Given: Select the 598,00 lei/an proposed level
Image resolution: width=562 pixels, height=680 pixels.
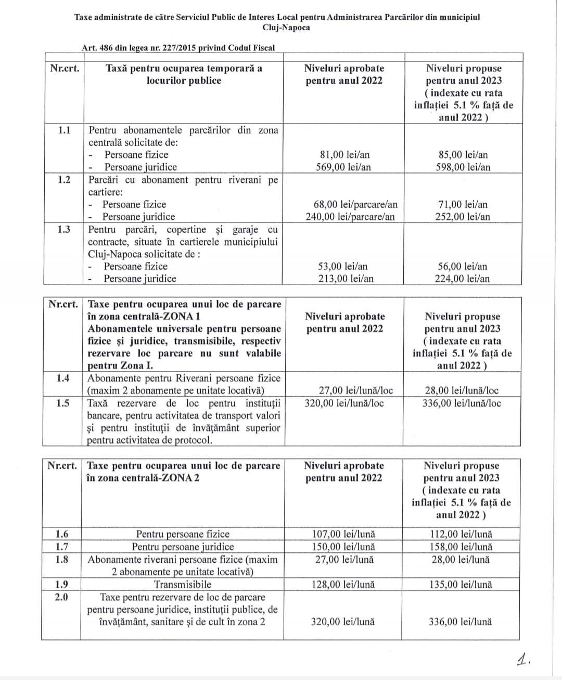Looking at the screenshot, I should [x=463, y=167].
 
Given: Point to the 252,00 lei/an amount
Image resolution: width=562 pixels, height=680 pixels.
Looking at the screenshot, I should [x=463, y=217].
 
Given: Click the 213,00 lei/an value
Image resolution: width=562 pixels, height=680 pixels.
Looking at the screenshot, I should [x=346, y=279].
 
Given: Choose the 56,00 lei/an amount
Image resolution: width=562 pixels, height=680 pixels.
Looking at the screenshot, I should [x=463, y=266].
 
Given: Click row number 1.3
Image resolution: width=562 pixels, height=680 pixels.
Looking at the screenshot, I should [x=65, y=229].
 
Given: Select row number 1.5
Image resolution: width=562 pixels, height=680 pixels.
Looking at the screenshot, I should [x=62, y=403].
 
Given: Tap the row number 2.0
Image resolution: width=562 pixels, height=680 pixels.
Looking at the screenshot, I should [x=61, y=597].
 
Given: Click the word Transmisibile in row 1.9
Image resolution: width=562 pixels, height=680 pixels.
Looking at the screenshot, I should [x=183, y=585].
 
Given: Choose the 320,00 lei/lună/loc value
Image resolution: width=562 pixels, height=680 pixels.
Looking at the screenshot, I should [x=344, y=403].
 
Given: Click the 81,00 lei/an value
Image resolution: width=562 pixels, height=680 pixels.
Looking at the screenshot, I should [x=345, y=155].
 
